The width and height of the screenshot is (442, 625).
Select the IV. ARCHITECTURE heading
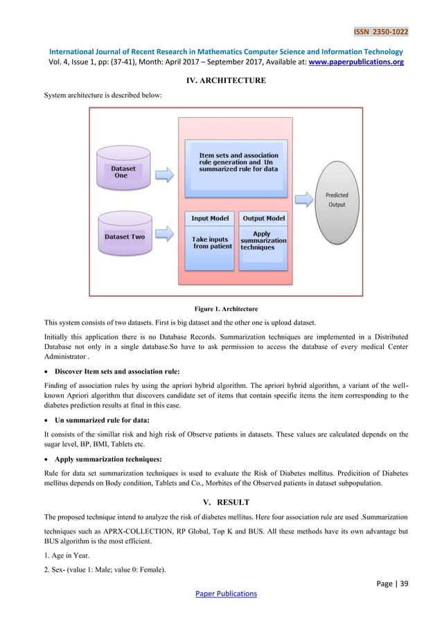pyautogui.click(x=221, y=81)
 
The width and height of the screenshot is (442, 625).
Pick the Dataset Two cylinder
pyautogui.click(x=123, y=236)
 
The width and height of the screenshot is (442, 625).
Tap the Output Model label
pyautogui.click(x=263, y=218)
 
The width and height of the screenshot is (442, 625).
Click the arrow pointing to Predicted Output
pyautogui.click(x=302, y=200)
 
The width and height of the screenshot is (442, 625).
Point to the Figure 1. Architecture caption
pyautogui.click(x=221, y=308)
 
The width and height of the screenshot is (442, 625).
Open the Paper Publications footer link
pyautogui.click(x=221, y=593)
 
